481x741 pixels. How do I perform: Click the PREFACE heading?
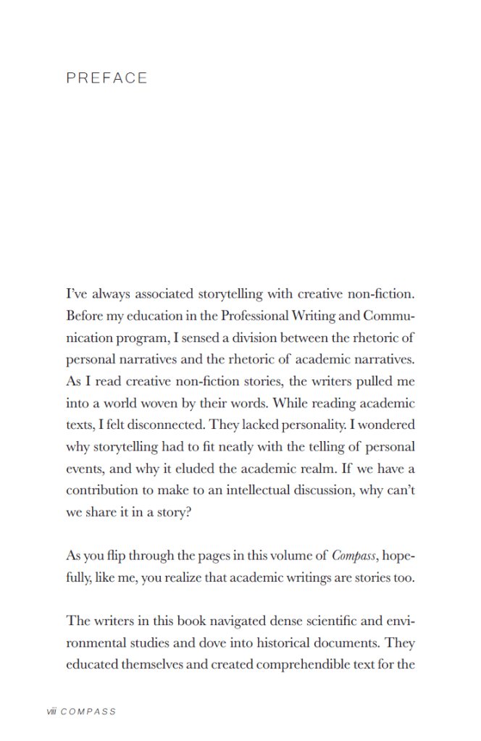pos(106,78)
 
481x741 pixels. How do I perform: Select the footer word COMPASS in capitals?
pos(88,711)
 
